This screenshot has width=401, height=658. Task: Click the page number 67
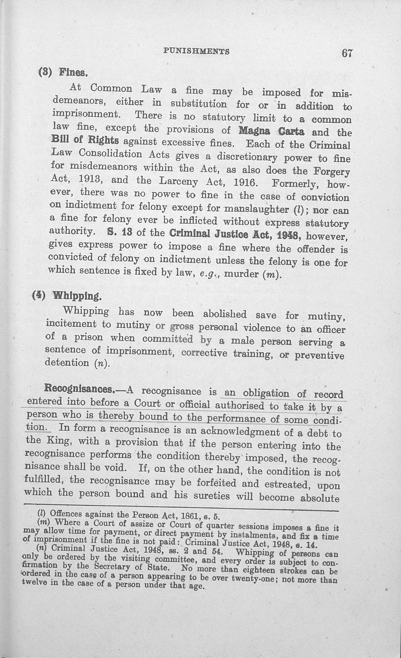click(347, 53)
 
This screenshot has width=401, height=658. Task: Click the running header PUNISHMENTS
click(196, 51)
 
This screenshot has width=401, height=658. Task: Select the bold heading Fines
click(73, 72)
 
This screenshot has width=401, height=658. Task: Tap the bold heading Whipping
click(77, 296)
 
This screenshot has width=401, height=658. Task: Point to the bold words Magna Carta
click(271, 131)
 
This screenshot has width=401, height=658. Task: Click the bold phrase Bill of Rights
click(85, 140)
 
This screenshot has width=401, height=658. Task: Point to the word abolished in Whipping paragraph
click(225, 314)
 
